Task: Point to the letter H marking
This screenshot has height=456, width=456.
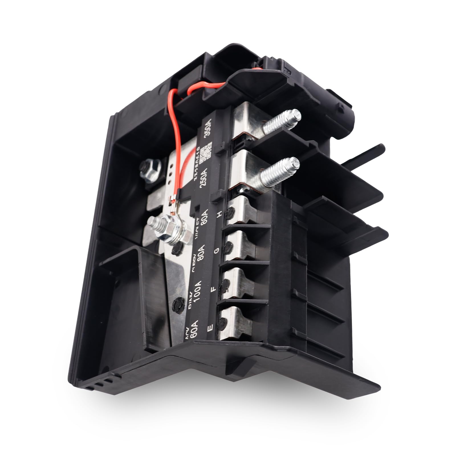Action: pyautogui.click(x=219, y=216)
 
